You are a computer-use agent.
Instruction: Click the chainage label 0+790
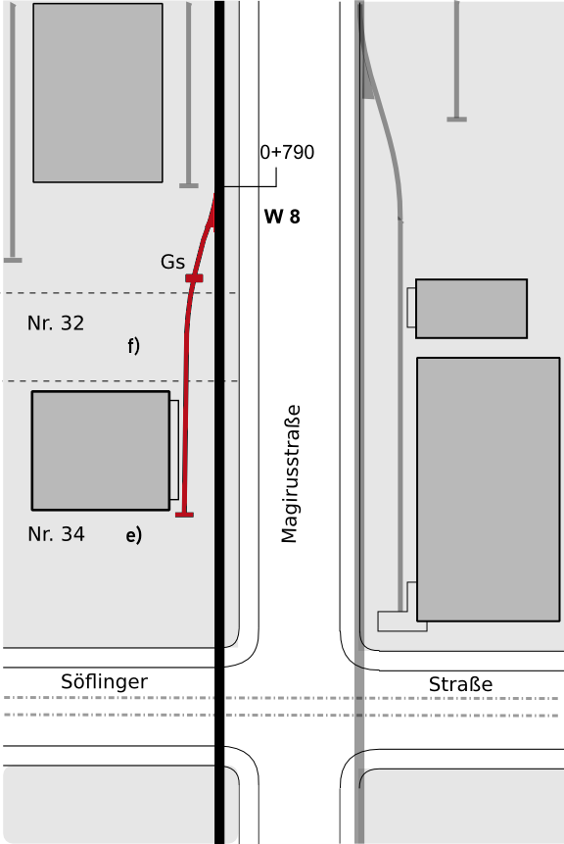click(287, 152)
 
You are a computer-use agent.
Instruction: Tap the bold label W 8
click(282, 217)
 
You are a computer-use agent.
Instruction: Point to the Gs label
click(172, 262)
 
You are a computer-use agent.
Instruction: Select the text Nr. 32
click(56, 323)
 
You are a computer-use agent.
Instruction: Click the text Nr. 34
click(56, 534)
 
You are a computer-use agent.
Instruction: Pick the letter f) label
click(134, 346)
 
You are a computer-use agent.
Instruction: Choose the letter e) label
click(134, 535)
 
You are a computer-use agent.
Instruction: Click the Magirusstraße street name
click(290, 473)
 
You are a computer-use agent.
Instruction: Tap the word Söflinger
click(105, 682)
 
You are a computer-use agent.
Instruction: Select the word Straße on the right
click(461, 684)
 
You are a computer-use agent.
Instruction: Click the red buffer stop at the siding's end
click(184, 515)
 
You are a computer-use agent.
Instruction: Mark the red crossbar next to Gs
click(194, 278)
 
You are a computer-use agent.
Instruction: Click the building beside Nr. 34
click(101, 451)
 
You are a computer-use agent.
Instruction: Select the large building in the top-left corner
click(98, 92)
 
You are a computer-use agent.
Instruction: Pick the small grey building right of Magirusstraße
click(472, 309)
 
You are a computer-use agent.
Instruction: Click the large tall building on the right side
click(489, 489)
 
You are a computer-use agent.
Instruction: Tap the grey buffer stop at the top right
click(456, 119)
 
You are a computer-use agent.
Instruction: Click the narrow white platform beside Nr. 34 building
click(174, 450)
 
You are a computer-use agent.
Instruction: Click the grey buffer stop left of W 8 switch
click(189, 185)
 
